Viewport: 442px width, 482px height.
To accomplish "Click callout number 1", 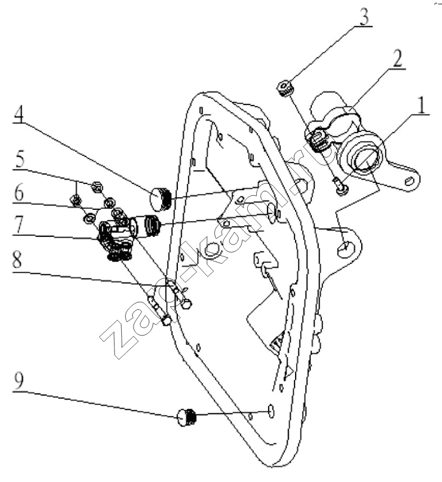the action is pyautogui.click(x=421, y=105).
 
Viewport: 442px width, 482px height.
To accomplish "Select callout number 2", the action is pyautogui.click(x=397, y=58).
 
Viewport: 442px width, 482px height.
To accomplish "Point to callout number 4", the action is pyautogui.click(x=19, y=114).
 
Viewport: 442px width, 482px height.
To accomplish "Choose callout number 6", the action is pyautogui.click(x=19, y=192).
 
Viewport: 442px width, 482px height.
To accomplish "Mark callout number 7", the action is pyautogui.click(x=19, y=224).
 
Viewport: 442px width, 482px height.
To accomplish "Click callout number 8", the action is pyautogui.click(x=17, y=259).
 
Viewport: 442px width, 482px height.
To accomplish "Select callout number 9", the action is pyautogui.click(x=19, y=382).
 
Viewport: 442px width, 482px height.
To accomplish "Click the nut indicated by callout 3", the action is pyautogui.click(x=286, y=88).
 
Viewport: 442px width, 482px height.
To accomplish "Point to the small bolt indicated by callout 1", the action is pyautogui.click(x=340, y=186).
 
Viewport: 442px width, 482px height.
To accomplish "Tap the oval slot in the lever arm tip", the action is pyautogui.click(x=409, y=181).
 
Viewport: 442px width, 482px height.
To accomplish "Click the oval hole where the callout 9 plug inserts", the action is pyautogui.click(x=271, y=411).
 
